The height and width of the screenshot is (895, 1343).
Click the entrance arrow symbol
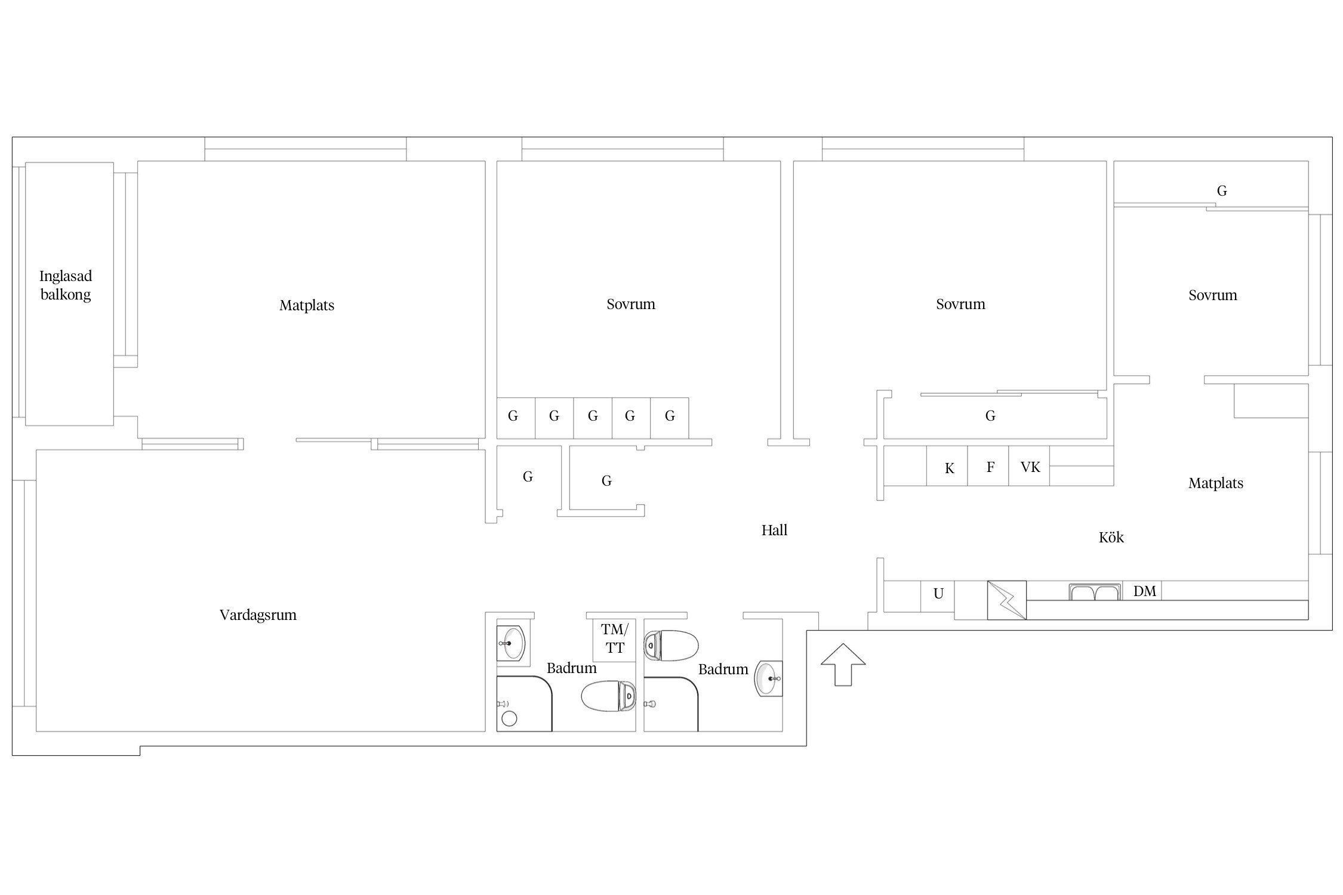tap(843, 664)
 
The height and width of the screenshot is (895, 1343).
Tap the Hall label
tap(774, 530)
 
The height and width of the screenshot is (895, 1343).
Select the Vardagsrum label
tap(258, 615)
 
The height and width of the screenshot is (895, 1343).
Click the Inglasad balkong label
tap(66, 285)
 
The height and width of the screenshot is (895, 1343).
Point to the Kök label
tap(1111, 537)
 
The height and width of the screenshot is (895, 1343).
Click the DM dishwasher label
tap(1145, 591)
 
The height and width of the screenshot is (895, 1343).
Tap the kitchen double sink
tap(1094, 592)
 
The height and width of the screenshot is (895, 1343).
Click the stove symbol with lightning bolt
tap(1007, 600)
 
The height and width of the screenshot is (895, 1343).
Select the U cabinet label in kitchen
tap(938, 594)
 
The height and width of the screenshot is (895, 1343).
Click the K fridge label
tap(949, 468)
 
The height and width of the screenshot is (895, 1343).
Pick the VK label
tap(1030, 467)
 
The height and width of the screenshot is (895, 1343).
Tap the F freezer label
tap(990, 467)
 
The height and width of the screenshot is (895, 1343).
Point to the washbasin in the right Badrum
tap(769, 678)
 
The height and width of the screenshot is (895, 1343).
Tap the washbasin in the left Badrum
tap(512, 644)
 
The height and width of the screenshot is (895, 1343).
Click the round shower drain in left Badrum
tap(509, 718)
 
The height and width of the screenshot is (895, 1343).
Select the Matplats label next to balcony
tap(307, 305)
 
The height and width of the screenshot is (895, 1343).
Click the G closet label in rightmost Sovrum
tap(1222, 191)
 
